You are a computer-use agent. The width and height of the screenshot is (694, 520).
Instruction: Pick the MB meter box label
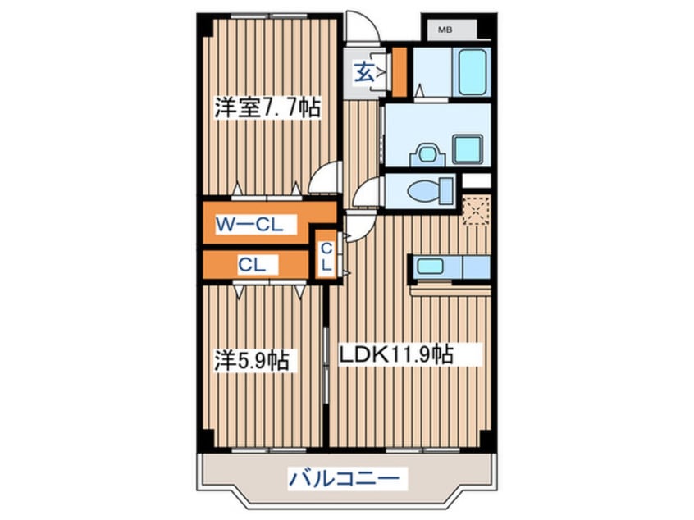pyautogui.click(x=445, y=30)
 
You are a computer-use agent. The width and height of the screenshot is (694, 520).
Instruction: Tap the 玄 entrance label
pyautogui.click(x=363, y=72)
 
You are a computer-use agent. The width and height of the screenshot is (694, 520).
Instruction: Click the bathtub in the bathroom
pyautogui.click(x=474, y=71)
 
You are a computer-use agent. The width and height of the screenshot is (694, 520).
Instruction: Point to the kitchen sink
pyautogui.click(x=430, y=266)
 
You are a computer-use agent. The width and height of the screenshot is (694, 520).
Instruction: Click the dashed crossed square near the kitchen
pyautogui.click(x=475, y=211)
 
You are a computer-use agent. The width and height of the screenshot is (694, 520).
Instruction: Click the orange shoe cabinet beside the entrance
pyautogui.click(x=400, y=71)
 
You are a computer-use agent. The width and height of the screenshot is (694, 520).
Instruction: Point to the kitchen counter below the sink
pyautogui.click(x=450, y=288)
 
